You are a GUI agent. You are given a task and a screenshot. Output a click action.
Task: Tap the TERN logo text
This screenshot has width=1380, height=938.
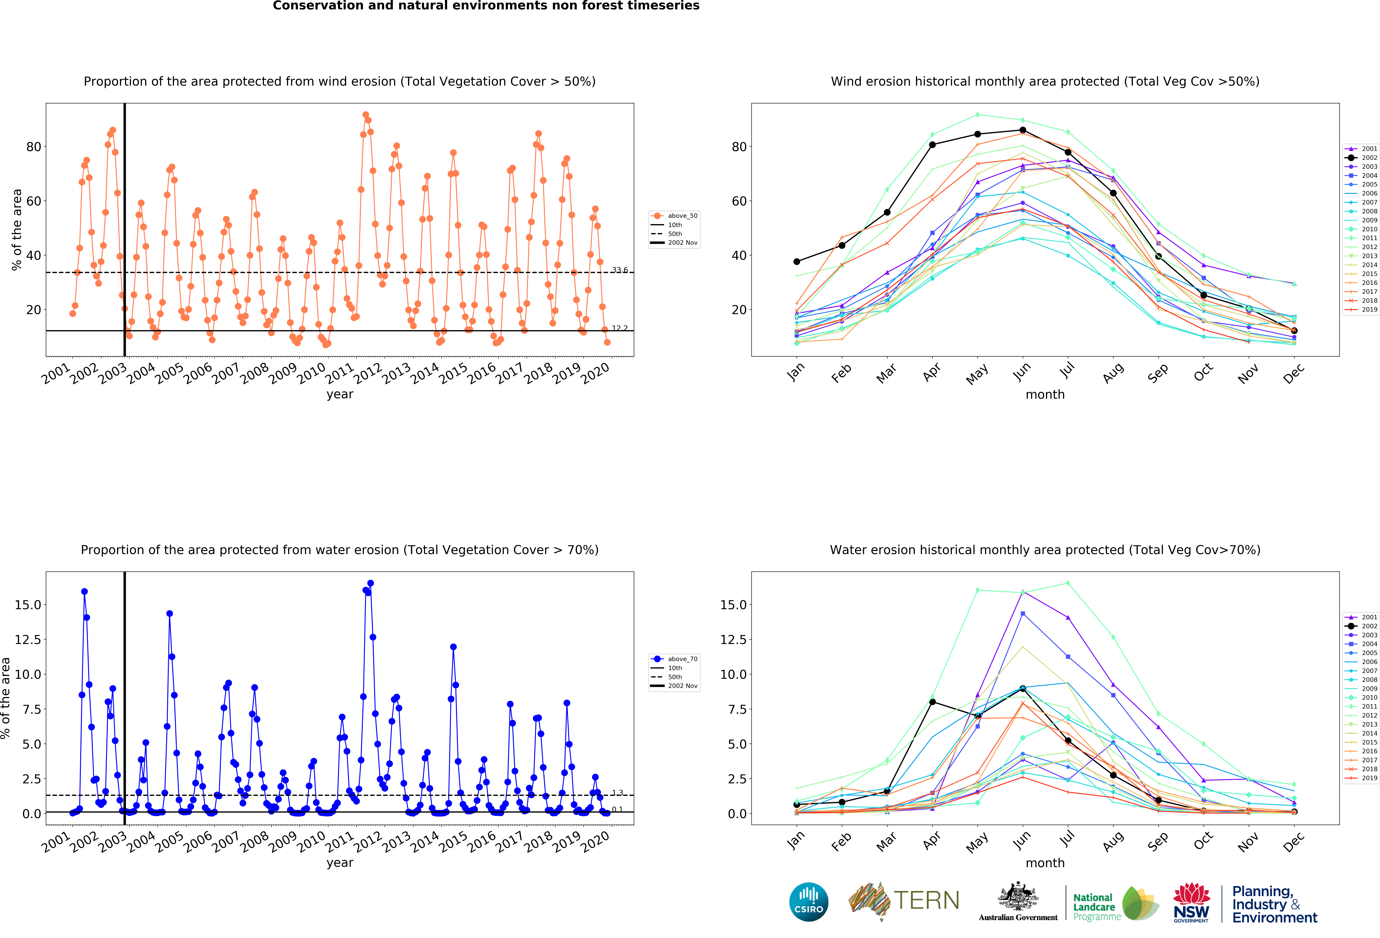[x=926, y=900]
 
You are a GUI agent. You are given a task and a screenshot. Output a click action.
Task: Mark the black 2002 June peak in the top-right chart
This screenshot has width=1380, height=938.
[x=1023, y=130]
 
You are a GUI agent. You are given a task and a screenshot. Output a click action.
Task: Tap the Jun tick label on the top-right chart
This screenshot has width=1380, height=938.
[x=1021, y=371]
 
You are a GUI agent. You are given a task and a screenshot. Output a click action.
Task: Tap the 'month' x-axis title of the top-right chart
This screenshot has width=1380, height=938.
[x=1045, y=394]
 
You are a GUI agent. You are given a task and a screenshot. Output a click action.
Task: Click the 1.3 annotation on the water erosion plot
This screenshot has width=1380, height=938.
[x=618, y=792]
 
